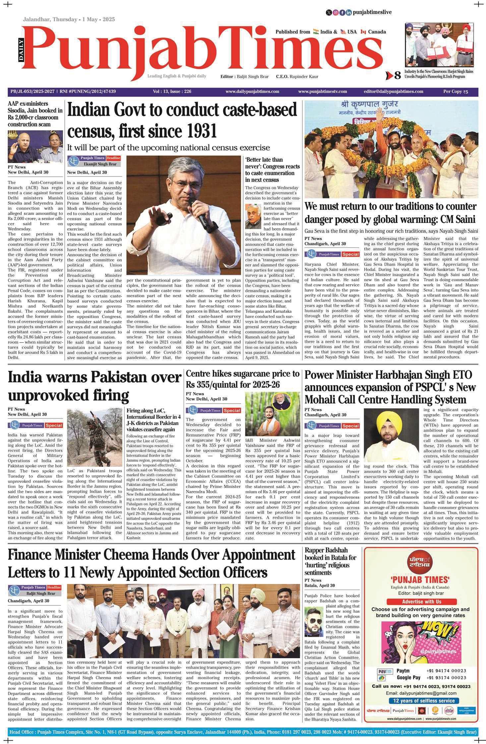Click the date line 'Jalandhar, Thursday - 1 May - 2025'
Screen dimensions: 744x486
(69, 19)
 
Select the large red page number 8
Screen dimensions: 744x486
(397, 76)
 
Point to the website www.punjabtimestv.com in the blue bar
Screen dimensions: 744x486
(322, 92)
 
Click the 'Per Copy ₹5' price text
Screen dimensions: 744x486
(456, 92)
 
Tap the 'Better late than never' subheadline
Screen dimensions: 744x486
(272, 169)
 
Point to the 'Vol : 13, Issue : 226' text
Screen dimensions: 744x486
(172, 92)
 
